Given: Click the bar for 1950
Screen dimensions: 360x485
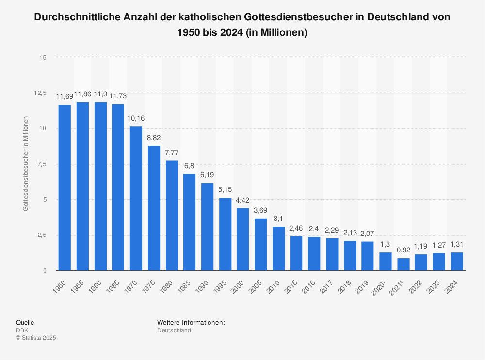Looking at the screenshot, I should click(65, 188).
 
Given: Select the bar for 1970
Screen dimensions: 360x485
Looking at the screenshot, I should click(136, 198).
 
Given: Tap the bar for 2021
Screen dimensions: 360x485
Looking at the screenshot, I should click(403, 264).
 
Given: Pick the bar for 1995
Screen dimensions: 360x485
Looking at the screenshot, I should click(225, 234).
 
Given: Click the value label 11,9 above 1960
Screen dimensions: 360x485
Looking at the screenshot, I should click(101, 94).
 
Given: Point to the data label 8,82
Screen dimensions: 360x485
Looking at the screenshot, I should click(154, 138).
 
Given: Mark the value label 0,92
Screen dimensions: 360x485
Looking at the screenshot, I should click(403, 250).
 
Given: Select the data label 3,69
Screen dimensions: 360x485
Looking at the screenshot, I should click(260, 210).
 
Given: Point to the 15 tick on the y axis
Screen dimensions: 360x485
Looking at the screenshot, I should click(43, 57).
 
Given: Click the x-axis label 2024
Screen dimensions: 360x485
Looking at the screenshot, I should click(454, 284).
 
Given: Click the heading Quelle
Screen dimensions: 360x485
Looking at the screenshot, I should click(25, 322).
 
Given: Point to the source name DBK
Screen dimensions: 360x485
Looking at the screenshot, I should click(22, 330).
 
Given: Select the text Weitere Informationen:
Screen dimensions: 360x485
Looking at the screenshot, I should click(191, 322).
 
